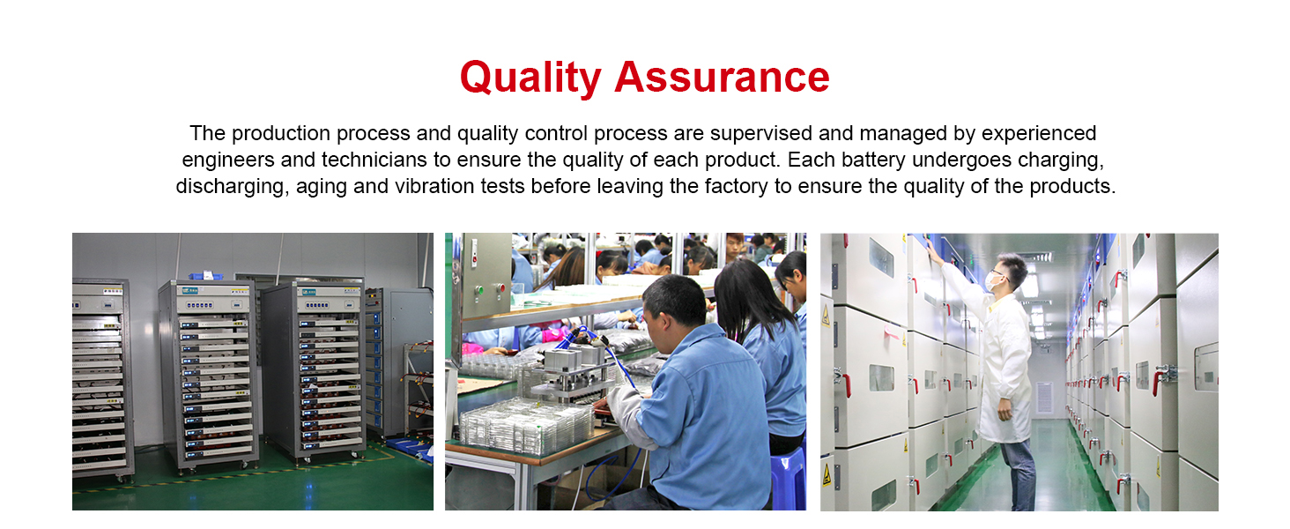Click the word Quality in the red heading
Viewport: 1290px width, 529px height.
coord(530,78)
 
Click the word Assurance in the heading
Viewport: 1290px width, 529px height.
coord(723,77)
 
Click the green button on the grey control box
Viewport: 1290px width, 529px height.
coord(478,290)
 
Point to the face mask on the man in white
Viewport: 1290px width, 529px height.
coord(992,282)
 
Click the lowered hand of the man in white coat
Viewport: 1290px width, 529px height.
coord(1005,409)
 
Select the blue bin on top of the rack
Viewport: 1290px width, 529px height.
coord(205,275)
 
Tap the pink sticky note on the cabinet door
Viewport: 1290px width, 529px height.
coord(891,332)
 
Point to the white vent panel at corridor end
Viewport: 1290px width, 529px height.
coord(1044,399)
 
